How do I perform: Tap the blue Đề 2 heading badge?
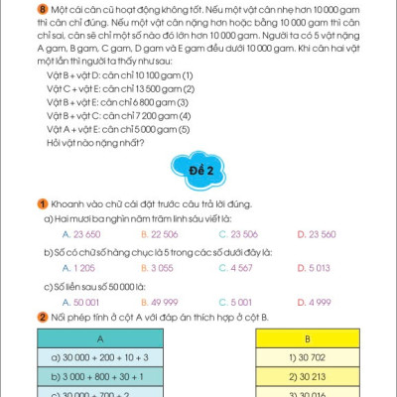pyautogui.click(x=198, y=171)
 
